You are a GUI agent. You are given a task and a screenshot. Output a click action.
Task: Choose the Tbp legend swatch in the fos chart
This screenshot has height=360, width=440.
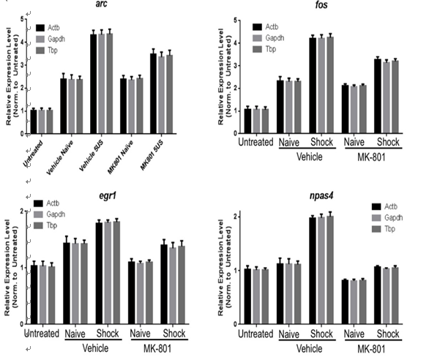(x=257, y=49)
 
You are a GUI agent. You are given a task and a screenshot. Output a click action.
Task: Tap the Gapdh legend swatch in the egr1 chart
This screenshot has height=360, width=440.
(x=40, y=214)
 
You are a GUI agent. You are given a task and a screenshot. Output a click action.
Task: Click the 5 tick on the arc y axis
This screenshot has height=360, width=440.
(x=23, y=19)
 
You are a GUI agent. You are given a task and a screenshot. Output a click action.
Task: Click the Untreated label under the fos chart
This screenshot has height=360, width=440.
(x=256, y=141)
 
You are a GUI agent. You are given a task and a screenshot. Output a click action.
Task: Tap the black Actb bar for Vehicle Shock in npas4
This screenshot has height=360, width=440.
(x=312, y=270)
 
